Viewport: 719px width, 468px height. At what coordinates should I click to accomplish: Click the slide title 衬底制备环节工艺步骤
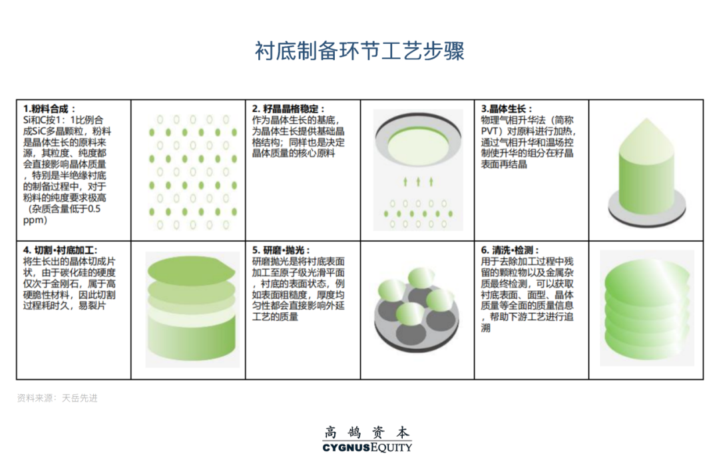click(359, 51)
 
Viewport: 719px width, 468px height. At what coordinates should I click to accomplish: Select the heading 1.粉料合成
click(49, 109)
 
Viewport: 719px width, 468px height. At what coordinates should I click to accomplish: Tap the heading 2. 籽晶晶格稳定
click(288, 109)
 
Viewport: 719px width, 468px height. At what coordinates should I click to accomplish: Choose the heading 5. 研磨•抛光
click(281, 250)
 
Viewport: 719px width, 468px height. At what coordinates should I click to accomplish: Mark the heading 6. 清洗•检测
click(510, 250)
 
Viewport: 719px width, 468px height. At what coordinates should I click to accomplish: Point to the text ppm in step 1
click(35, 220)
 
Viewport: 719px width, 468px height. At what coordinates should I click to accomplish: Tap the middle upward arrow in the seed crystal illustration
click(418, 181)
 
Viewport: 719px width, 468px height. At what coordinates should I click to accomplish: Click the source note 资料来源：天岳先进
click(57, 398)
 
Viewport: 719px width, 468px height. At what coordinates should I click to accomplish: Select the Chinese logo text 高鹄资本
click(367, 431)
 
